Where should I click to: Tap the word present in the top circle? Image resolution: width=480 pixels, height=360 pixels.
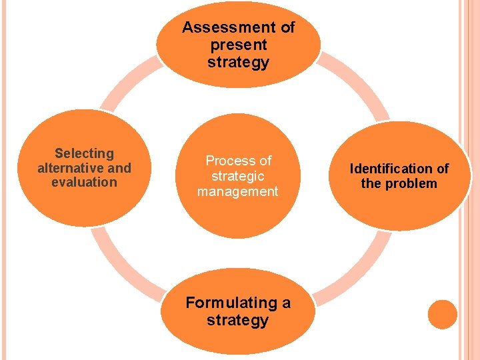pos(238,45)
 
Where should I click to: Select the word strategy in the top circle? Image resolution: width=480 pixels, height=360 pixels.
pos(238,63)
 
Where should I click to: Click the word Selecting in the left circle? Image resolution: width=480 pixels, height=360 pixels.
pos(84,153)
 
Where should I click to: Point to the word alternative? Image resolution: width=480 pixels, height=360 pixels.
pos(71,167)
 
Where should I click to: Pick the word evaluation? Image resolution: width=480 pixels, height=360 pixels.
pos(84,182)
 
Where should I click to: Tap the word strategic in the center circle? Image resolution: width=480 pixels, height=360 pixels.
pos(238,176)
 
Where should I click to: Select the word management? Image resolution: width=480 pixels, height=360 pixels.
pos(237,191)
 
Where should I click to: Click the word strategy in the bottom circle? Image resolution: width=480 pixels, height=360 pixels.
pos(237,320)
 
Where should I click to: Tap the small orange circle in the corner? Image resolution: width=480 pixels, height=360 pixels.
pos(443,314)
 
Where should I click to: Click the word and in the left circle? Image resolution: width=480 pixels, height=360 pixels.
pos(119,167)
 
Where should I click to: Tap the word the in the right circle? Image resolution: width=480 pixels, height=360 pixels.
pos(371,183)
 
